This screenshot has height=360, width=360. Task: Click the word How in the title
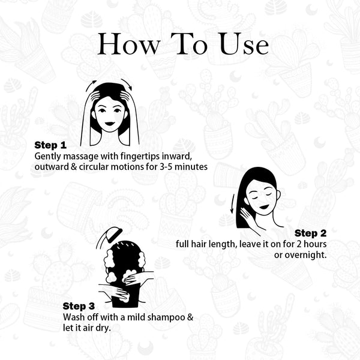(x=128, y=44)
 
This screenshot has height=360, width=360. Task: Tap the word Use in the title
(x=244, y=44)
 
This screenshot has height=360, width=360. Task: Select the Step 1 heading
(x=50, y=145)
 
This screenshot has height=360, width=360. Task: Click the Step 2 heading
(x=310, y=233)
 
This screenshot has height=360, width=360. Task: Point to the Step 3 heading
(x=79, y=306)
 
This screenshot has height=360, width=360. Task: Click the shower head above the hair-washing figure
(x=113, y=235)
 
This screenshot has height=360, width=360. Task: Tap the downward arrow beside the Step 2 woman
(x=233, y=203)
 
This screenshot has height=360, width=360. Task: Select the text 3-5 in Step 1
(x=166, y=167)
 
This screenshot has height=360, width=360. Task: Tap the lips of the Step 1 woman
(x=110, y=124)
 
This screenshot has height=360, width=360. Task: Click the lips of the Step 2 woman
(x=264, y=207)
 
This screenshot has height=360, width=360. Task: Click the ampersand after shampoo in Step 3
(x=190, y=317)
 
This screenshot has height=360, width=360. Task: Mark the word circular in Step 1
(x=94, y=167)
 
